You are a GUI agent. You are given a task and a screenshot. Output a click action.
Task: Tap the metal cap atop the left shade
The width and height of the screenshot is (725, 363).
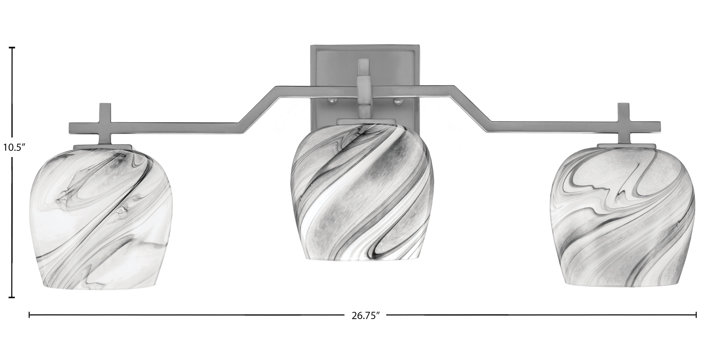pos(103,147)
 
